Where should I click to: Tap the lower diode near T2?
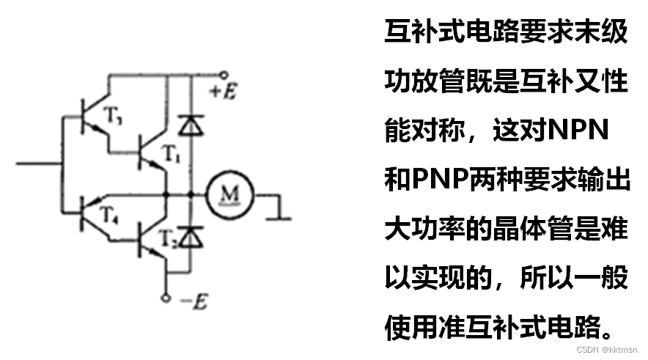point(191,236)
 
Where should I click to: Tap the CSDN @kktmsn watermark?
point(607,350)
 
